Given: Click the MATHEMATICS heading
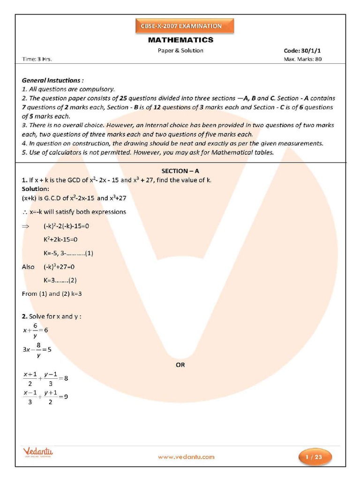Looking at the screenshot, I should [181, 40].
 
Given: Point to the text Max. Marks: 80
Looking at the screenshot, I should [303, 60].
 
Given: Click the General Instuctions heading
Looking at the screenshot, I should [53, 80].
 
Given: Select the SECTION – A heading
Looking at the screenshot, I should [180, 172].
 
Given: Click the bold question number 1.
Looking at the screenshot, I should [24, 180].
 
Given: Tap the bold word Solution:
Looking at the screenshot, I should [35, 189].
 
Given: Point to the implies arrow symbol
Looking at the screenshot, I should [26, 226].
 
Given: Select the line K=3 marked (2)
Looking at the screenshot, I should [60, 280].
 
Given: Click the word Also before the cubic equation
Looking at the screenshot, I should [28, 267].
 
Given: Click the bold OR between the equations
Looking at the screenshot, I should [180, 365].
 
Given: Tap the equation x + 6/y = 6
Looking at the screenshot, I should [36, 330].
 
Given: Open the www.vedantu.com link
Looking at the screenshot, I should [186, 457].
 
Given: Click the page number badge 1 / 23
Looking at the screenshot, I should [315, 457].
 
